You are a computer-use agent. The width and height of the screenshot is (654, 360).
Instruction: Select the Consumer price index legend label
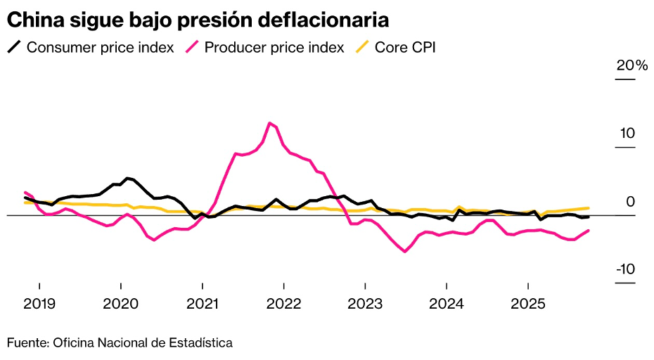pos(100,48)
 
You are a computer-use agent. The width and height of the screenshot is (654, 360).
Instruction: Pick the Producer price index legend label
pos(274,48)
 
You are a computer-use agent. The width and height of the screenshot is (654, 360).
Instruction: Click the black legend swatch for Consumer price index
pos(14,48)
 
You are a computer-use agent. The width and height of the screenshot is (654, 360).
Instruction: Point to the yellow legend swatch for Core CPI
pos(361,48)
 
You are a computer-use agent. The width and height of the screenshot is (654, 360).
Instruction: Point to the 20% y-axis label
pos(631,65)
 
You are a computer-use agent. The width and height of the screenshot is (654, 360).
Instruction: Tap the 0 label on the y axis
pos(631,202)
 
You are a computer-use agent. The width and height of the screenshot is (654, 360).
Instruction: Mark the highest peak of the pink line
pos(270,123)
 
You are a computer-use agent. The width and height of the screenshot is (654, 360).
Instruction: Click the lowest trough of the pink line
pos(405,251)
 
